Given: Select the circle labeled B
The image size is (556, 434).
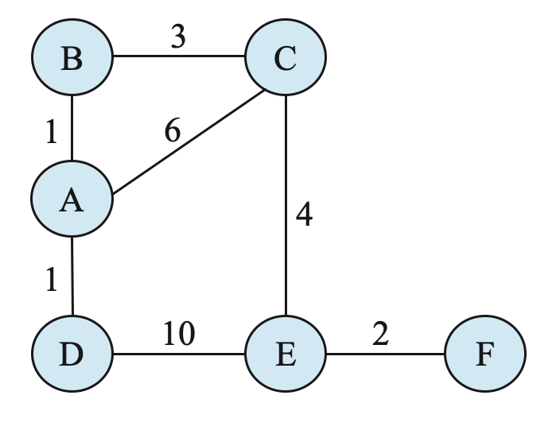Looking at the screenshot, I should pos(72,57).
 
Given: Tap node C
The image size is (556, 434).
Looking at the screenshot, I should pos(286,57).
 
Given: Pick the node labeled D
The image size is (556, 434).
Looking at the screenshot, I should pos(72,353).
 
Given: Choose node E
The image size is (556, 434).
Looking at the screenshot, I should pos(286,353).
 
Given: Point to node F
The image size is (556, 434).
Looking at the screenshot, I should pos(484,353).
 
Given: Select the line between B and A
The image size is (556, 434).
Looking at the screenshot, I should pos(72,129).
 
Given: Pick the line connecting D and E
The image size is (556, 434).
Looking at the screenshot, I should pos(179,353).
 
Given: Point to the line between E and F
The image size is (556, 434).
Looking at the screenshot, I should pos(385,353).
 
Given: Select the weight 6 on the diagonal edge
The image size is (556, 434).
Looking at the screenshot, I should pos(173,130).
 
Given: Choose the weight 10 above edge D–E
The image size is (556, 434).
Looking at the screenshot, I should pos(180,335).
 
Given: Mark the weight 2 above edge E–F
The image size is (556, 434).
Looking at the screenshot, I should pos(380,335).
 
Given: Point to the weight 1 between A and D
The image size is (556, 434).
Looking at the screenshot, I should pos(52,281).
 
